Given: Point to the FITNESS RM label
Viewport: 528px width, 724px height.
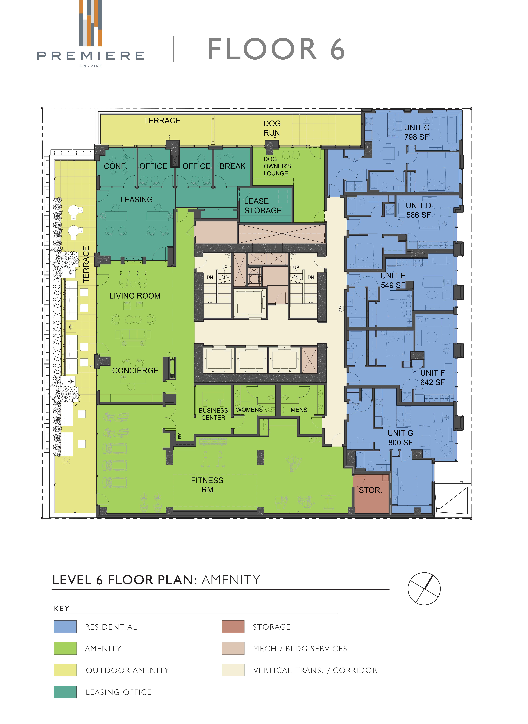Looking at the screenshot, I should [207, 485].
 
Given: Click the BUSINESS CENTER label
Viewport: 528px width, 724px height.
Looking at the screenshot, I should [213, 414].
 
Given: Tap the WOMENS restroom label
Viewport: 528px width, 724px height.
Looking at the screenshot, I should [249, 410].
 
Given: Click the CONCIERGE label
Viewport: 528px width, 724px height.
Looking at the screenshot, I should [135, 370].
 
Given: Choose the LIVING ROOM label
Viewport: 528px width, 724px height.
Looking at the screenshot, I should [135, 296].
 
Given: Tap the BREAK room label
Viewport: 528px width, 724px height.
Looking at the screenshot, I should [232, 166].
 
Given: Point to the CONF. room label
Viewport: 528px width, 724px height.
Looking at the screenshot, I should [115, 166].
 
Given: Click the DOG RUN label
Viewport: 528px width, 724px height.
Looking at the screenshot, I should [272, 128].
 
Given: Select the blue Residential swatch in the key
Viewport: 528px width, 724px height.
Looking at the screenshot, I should [65, 627].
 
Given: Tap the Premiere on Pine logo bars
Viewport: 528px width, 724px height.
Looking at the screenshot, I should [91, 23].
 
